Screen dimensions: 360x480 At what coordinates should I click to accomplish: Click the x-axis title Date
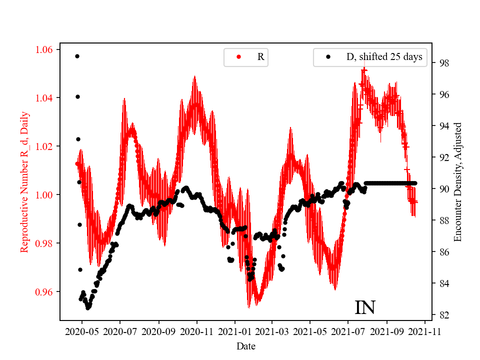tap(246, 345)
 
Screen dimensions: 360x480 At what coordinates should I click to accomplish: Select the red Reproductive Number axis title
tap(24, 182)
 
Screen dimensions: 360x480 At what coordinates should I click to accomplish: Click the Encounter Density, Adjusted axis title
tap(457, 182)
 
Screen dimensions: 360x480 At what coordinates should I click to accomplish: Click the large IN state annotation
tap(365, 307)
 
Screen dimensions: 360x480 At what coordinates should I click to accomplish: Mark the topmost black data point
tap(77, 56)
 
